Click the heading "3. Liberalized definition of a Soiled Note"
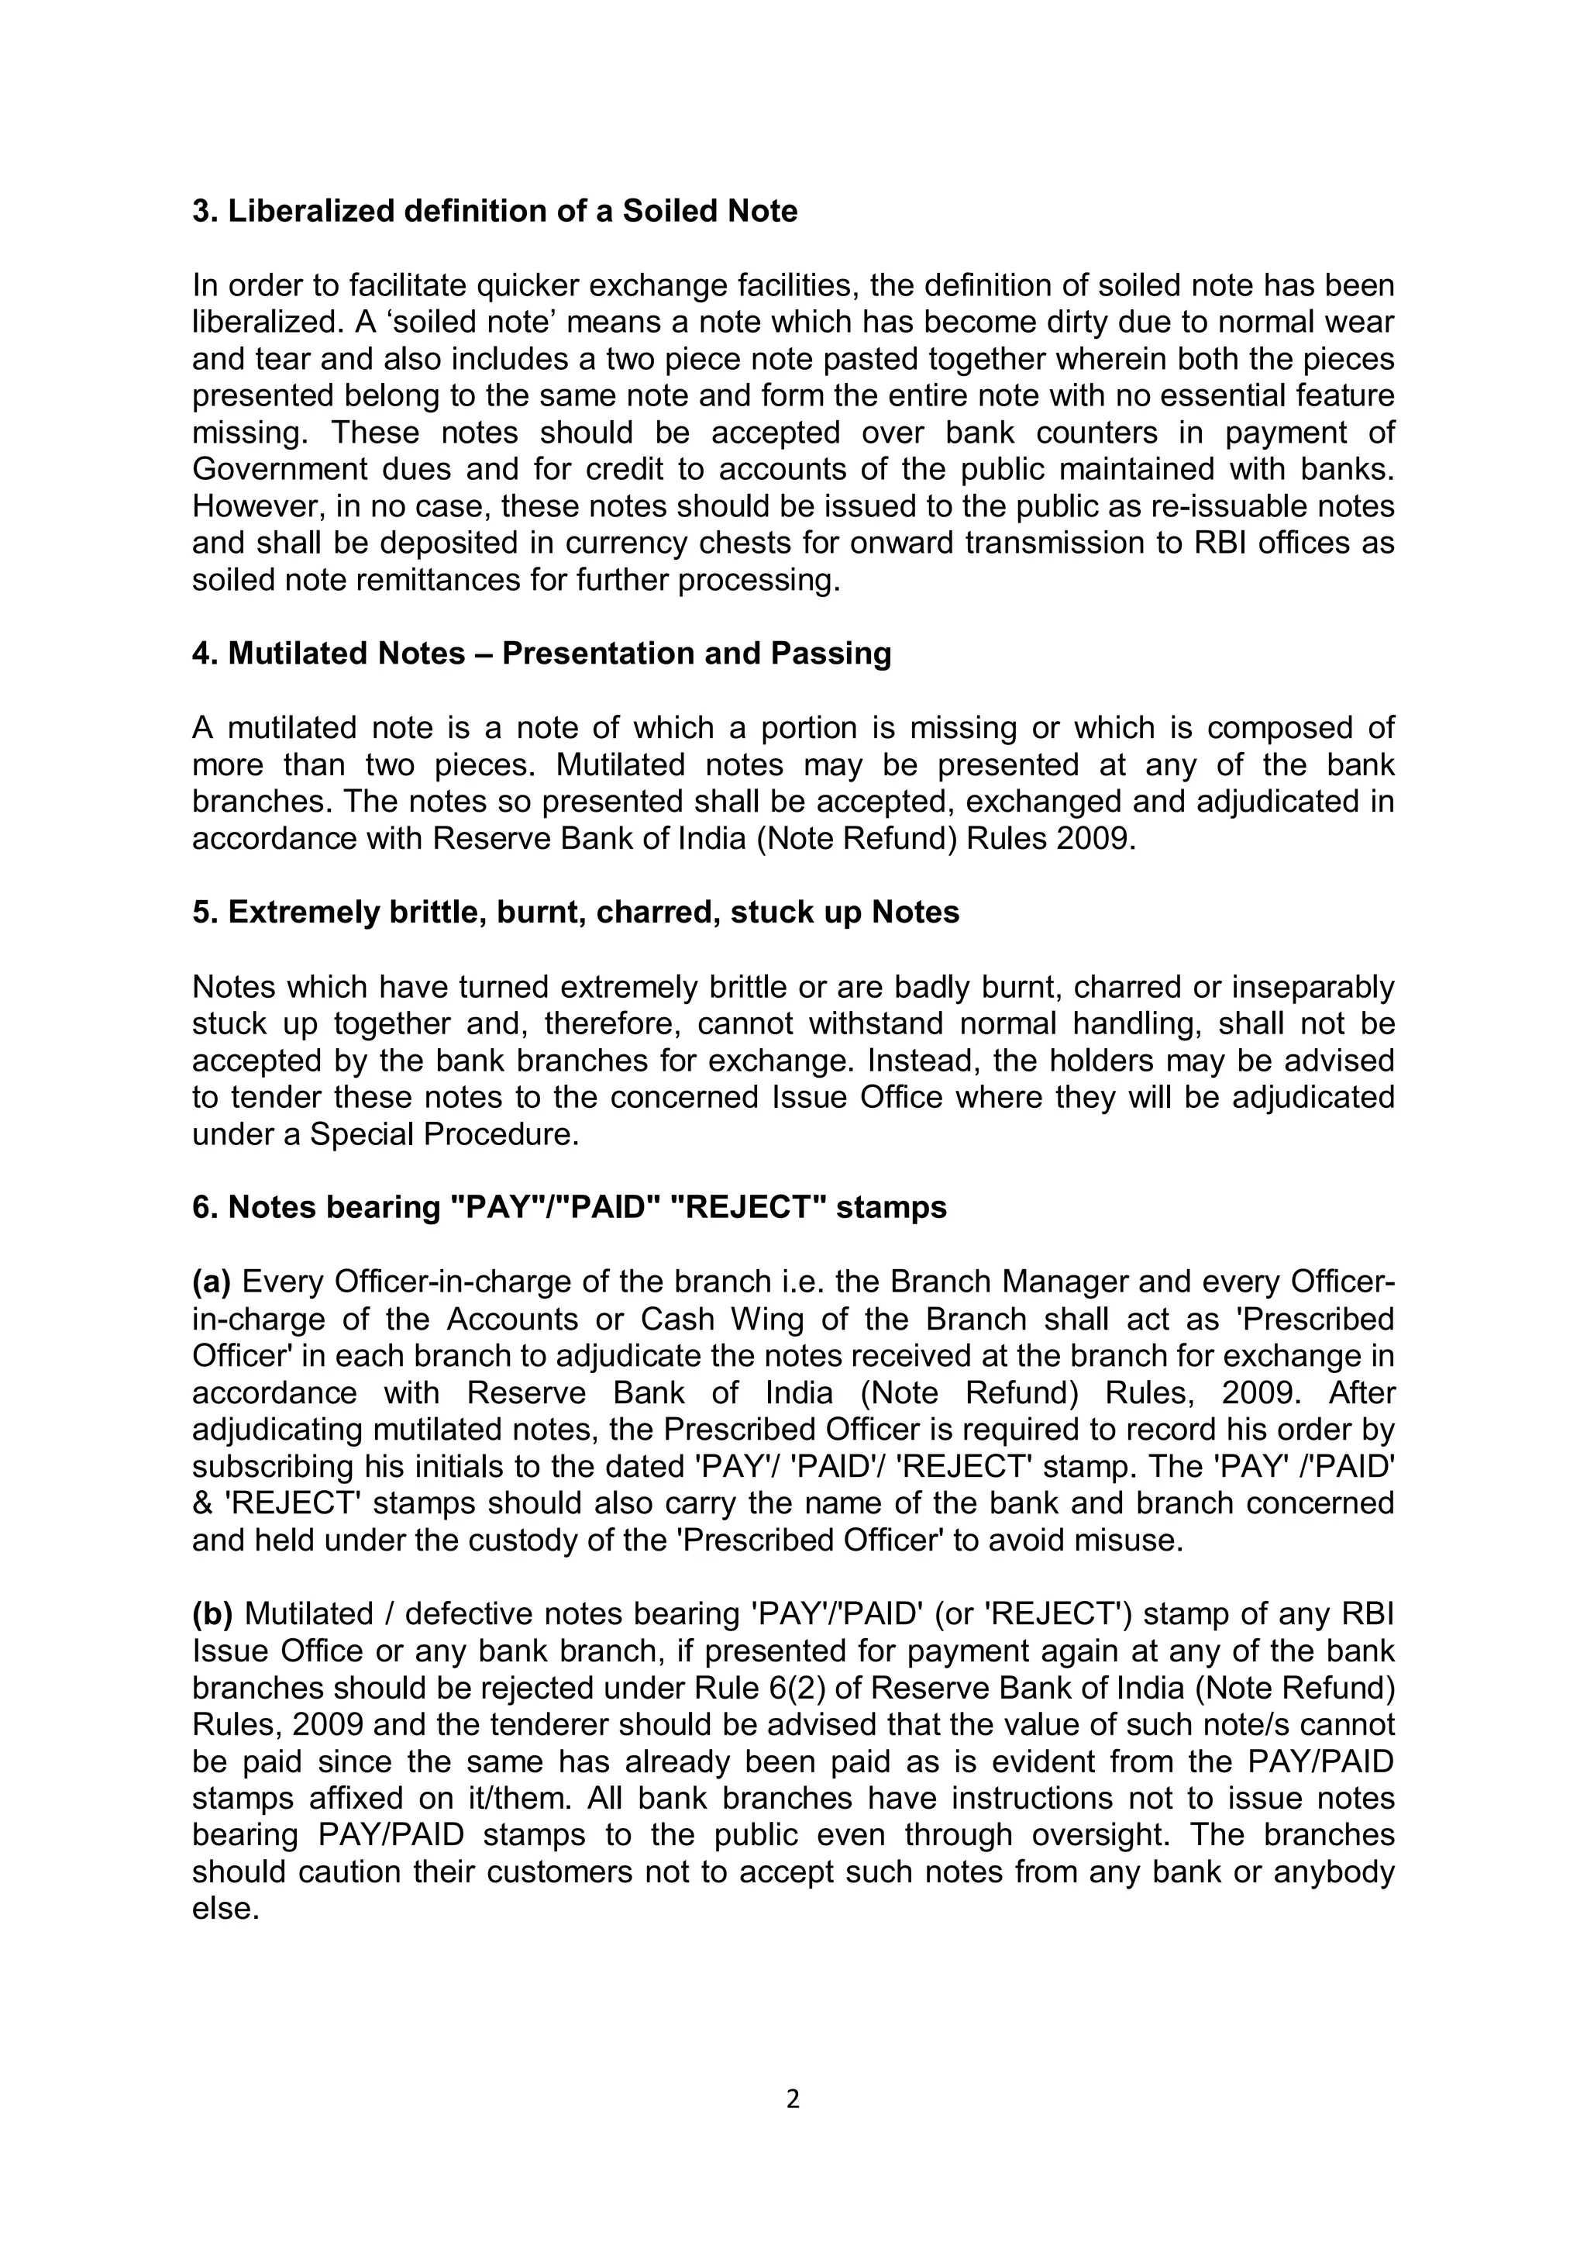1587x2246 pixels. click(495, 212)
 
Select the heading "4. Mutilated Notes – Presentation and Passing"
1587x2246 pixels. click(542, 654)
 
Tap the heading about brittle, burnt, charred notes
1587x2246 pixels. click(576, 913)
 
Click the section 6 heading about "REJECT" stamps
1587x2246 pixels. click(570, 1208)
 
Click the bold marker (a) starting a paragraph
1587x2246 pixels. click(212, 1282)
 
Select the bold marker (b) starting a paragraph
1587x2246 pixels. click(212, 1614)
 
